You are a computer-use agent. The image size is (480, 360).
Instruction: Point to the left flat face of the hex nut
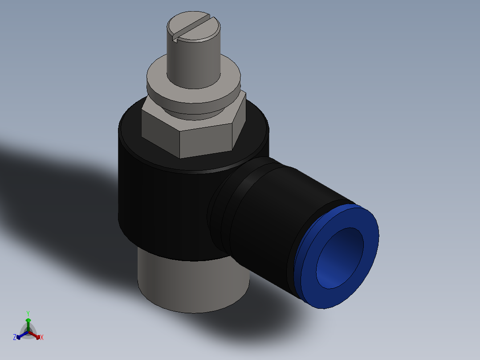click(159, 132)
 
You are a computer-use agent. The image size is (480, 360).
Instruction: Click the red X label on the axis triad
click(42, 338)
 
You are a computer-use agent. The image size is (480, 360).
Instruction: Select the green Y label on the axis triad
click(28, 313)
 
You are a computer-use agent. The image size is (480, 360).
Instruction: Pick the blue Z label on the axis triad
click(14, 338)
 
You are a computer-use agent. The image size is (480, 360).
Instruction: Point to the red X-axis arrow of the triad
click(36, 335)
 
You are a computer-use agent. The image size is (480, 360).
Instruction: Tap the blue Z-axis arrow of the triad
click(20, 335)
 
